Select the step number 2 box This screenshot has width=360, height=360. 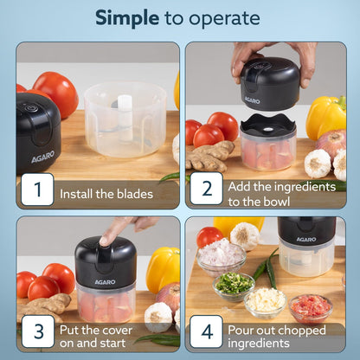(206, 189)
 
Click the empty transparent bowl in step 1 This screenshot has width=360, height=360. (125, 116)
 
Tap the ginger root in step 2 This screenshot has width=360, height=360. (210, 157)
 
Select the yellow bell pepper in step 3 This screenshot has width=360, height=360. (162, 268)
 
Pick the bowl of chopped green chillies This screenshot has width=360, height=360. (234, 285)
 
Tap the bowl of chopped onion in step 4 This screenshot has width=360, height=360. (221, 255)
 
